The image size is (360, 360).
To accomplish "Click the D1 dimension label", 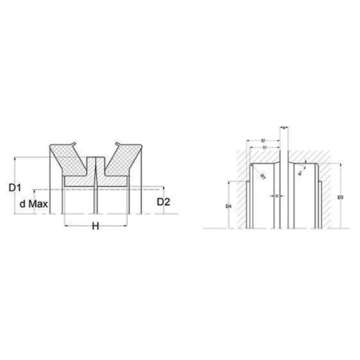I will click(x=16, y=187).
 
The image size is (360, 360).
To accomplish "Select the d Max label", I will click(x=34, y=205).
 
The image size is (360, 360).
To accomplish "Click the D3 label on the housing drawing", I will click(x=340, y=197).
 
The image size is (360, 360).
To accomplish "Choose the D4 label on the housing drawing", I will click(x=229, y=206).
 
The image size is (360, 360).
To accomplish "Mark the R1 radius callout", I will click(x=263, y=176).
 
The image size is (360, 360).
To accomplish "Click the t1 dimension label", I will click(x=264, y=148).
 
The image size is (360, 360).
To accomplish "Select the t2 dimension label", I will click(x=264, y=140).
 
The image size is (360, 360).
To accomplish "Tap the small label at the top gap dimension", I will click(x=283, y=127).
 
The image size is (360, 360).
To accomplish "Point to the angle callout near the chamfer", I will click(x=299, y=173).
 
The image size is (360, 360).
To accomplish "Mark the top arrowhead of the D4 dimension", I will click(x=229, y=181).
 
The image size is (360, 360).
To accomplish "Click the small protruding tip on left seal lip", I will click(x=74, y=143).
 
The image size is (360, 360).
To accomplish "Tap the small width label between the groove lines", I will click(x=275, y=195).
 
